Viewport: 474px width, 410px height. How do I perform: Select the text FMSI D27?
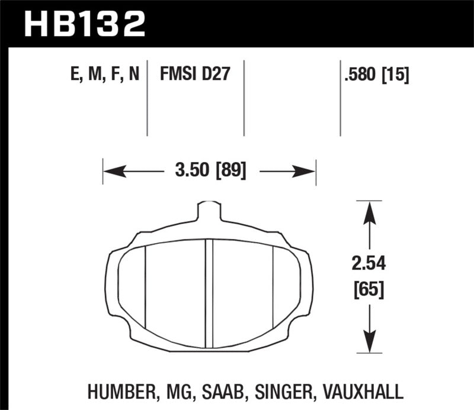(x=194, y=74)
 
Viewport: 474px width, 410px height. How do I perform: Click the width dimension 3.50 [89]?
(x=210, y=172)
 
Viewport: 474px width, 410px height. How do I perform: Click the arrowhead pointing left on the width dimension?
(x=113, y=172)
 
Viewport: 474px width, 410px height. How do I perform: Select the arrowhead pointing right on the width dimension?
(x=306, y=172)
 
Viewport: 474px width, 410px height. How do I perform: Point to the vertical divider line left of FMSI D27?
(x=147, y=98)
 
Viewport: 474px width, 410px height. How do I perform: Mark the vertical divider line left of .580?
(x=340, y=98)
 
